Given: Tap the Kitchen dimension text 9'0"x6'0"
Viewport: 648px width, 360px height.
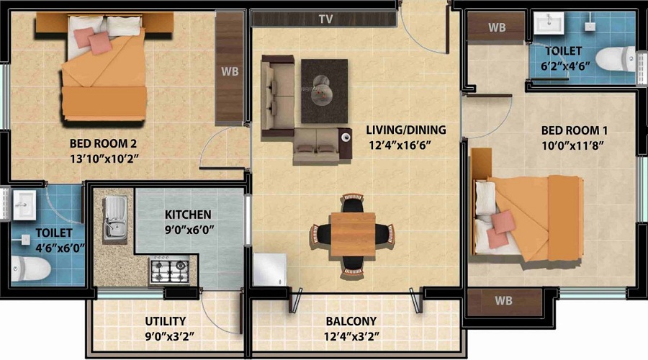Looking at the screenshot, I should tap(188, 231).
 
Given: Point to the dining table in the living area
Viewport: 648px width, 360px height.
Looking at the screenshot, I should tap(353, 234).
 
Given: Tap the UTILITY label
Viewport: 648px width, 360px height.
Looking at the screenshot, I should tap(165, 321).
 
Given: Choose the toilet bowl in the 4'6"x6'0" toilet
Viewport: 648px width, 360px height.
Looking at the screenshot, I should tap(32, 269).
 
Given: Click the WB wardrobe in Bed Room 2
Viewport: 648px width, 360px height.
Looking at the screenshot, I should tap(230, 71).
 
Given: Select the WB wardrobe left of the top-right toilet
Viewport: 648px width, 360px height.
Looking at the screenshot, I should tap(497, 28).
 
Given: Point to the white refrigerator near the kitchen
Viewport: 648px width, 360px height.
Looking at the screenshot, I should tap(269, 272).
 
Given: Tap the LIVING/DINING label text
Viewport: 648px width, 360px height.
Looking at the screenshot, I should tap(405, 130).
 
